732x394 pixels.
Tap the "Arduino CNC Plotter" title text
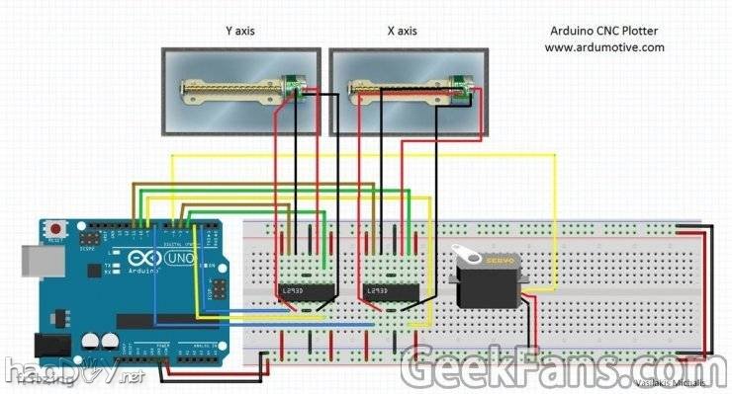click(603, 31)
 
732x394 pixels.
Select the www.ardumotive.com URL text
click(603, 46)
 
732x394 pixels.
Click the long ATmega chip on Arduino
click(158, 320)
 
